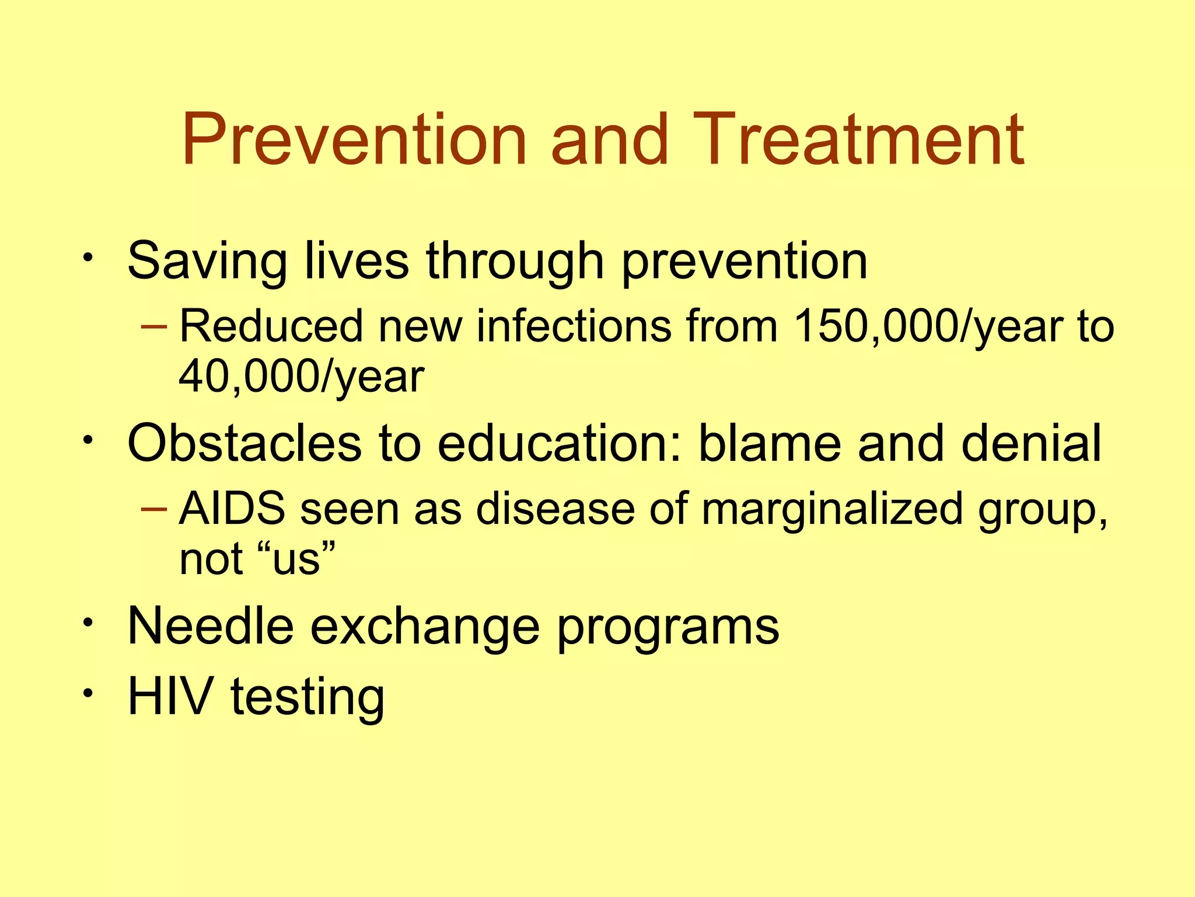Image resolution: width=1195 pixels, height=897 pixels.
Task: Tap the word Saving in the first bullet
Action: [x=207, y=262]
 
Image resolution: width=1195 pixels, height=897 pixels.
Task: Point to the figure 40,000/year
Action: [x=301, y=377]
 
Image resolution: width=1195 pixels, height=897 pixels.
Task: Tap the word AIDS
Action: [x=232, y=508]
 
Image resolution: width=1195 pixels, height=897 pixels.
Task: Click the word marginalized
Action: [x=831, y=509]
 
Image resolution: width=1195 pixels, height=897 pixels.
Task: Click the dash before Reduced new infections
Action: [x=154, y=326]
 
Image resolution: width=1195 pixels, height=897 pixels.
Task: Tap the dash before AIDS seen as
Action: [x=154, y=508]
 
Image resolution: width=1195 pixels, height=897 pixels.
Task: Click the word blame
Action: [x=770, y=444]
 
